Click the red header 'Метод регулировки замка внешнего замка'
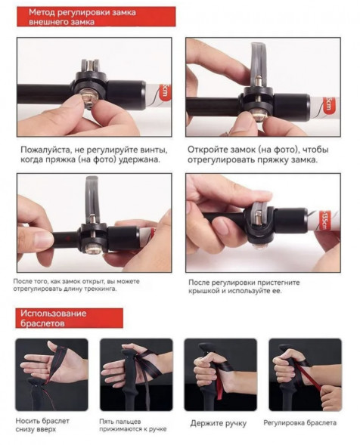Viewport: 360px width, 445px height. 96,17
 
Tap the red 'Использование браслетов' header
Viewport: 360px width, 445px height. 69,318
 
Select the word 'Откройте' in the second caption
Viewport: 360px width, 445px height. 206,150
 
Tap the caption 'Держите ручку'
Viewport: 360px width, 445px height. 219,423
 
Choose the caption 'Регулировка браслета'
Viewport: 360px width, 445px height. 299,423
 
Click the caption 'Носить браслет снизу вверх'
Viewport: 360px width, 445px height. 42,425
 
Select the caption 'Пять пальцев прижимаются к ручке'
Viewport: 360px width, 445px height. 132,425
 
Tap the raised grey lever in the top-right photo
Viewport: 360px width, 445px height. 259,63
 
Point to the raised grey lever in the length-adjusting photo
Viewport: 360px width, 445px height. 92,198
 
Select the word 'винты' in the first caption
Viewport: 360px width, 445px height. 154,150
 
